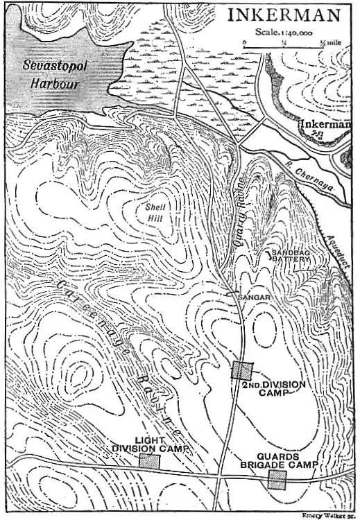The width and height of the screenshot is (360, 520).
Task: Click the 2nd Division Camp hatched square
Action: click(x=241, y=370)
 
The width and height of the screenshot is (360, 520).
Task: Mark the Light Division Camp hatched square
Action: click(x=149, y=462)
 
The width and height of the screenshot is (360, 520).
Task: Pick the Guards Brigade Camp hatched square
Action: click(x=277, y=480)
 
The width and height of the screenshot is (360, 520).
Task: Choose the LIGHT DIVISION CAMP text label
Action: click(x=150, y=444)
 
